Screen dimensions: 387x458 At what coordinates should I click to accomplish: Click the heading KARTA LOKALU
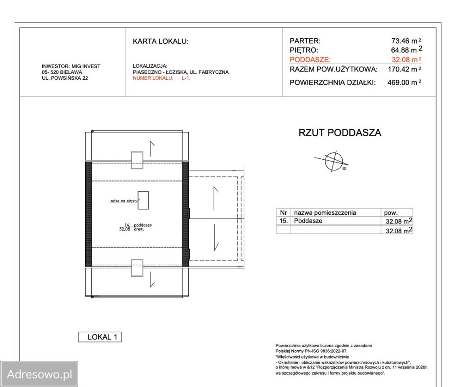coord(160,42)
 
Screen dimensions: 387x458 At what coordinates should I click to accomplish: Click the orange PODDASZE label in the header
coord(310,60)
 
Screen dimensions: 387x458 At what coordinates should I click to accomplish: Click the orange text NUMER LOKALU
coord(153,78)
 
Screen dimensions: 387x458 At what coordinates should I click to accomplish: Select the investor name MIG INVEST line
coord(71,67)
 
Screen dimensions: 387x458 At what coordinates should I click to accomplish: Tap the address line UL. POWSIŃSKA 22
coord(65,78)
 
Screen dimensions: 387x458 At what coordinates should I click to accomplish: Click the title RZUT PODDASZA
coord(339,133)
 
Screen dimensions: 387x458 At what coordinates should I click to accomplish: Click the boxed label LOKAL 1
coord(99,337)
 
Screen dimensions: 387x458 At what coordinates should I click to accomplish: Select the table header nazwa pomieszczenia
coord(325,213)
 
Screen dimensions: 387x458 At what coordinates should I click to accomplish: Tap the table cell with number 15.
coord(283,221)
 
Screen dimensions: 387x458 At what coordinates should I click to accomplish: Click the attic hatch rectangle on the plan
coord(143,200)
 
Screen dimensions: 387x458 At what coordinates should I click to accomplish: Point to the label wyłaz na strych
coord(123,200)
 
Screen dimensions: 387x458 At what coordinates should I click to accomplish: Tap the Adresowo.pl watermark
coord(39,374)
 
